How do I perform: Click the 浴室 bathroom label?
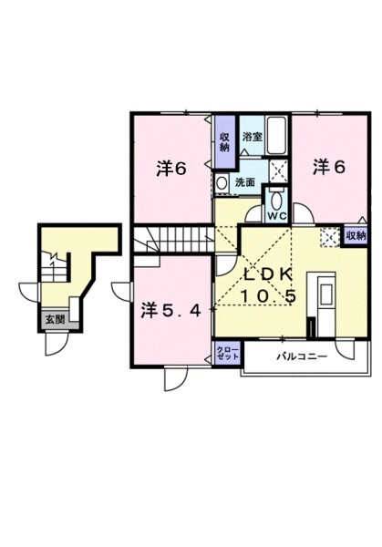(x=252, y=137)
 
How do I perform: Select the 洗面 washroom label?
(x=245, y=181)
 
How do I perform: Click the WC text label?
(x=276, y=216)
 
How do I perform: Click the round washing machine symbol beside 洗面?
(x=222, y=181)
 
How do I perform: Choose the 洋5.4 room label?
(x=170, y=310)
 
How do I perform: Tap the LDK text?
(x=268, y=275)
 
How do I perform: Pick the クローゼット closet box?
(x=228, y=354)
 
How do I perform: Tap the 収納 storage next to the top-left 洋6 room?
(x=224, y=141)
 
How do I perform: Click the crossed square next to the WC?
(x=279, y=169)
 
